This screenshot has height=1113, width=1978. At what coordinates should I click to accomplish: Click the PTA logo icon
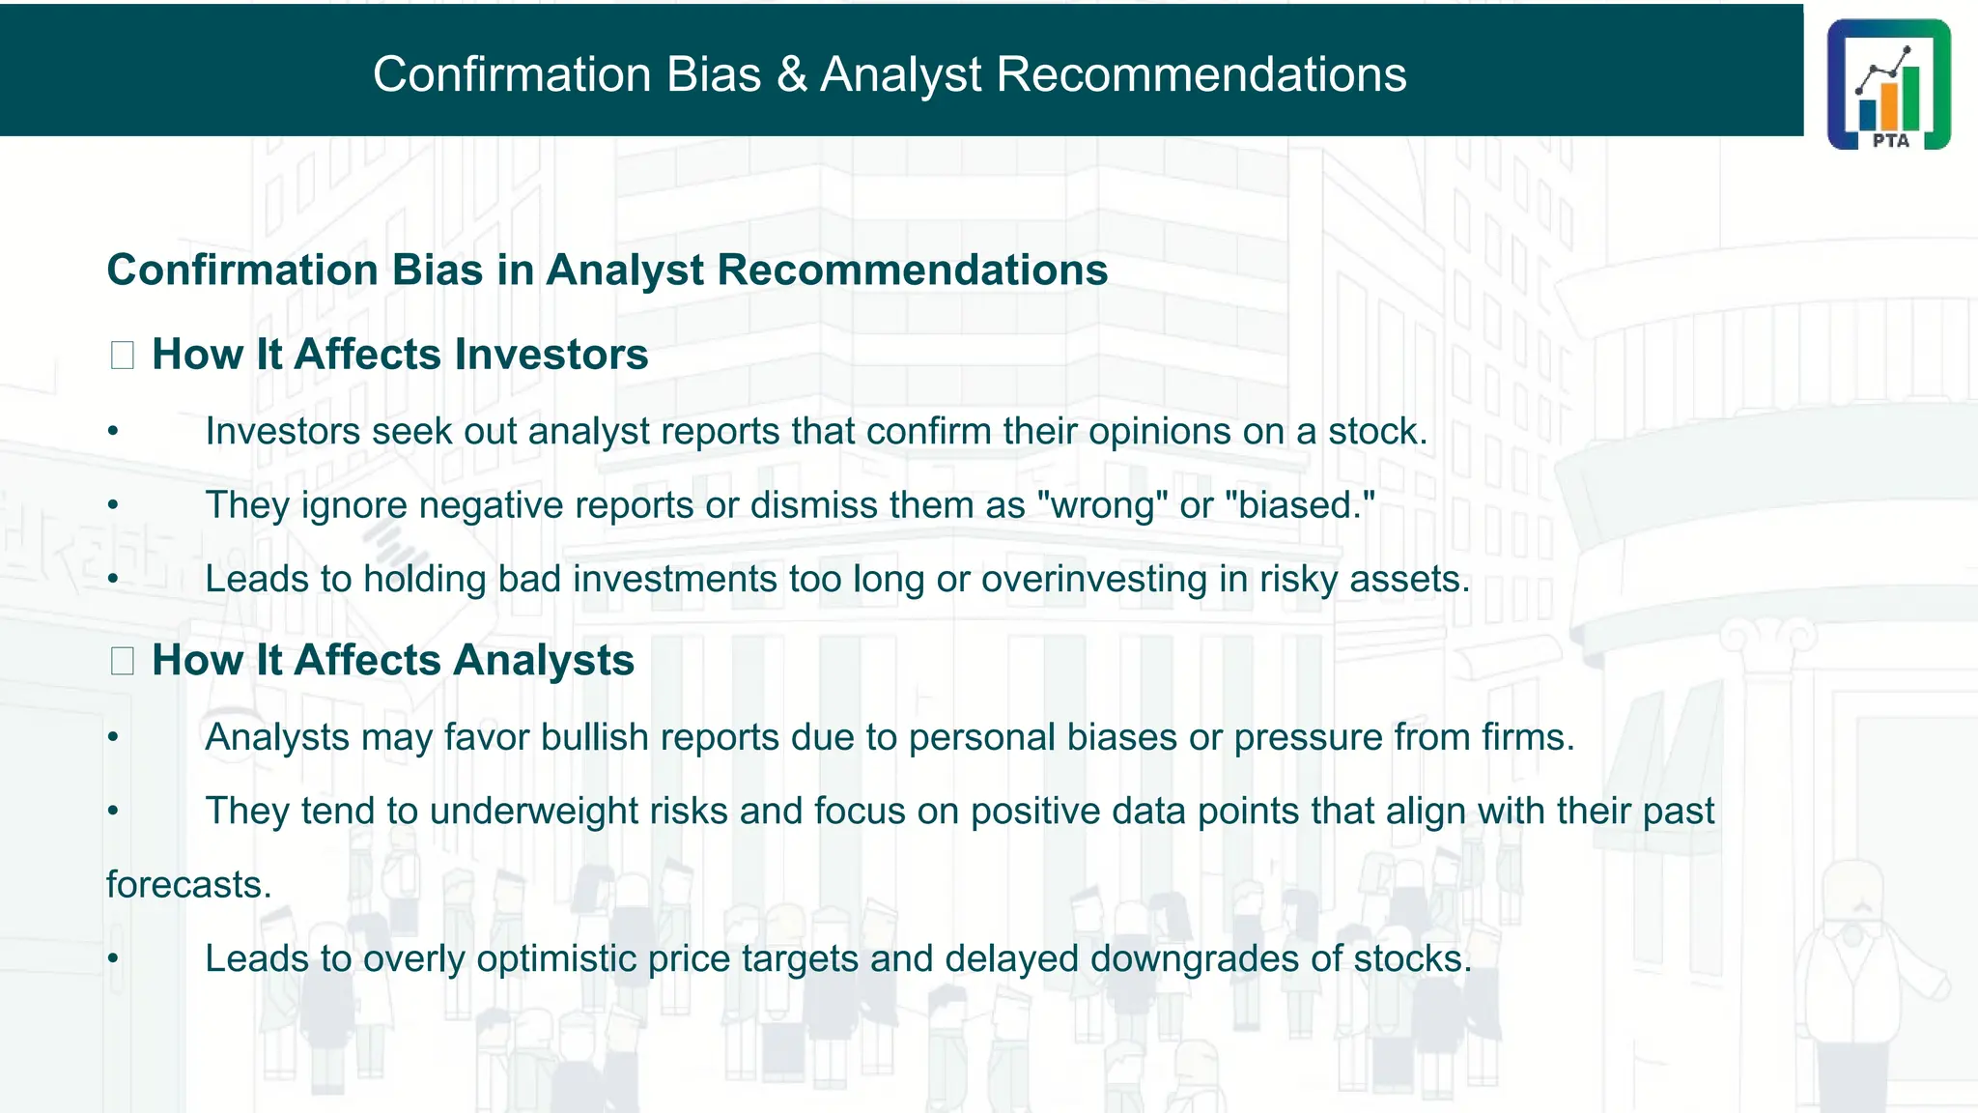(1888, 84)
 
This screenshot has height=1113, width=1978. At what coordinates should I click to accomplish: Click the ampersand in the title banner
(791, 74)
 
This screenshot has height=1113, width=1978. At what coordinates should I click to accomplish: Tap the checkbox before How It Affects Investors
(122, 356)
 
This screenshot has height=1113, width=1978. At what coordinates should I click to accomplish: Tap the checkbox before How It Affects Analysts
(122, 661)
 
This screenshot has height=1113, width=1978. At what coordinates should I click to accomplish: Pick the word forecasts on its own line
(188, 885)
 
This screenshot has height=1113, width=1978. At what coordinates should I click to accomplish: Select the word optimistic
(556, 959)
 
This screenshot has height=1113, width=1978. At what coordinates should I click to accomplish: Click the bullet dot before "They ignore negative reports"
(113, 505)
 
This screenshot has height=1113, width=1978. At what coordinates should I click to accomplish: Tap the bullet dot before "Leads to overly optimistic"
(113, 959)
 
